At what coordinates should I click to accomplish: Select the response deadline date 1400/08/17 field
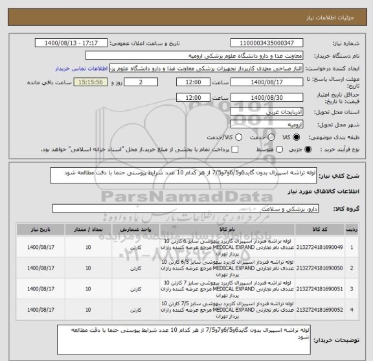(267, 83)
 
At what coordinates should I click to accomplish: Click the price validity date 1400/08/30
(267, 97)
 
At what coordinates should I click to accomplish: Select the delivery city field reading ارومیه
(267, 124)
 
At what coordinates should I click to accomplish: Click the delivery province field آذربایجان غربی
(267, 111)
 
